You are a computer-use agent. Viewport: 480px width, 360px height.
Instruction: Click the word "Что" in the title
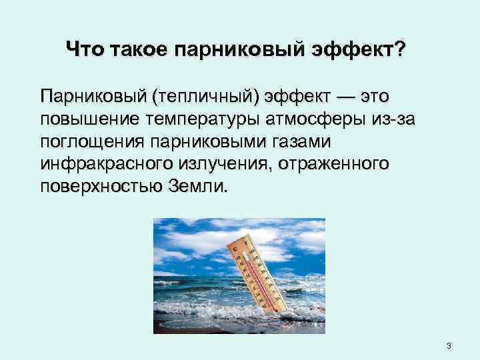point(85,49)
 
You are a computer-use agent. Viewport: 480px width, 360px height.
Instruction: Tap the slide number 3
point(449,345)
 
